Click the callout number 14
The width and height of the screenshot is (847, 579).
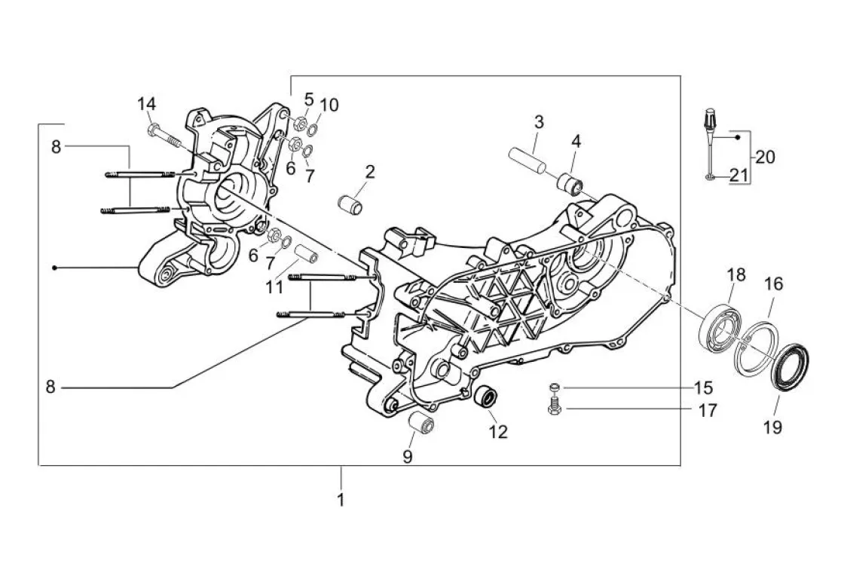pos(146,103)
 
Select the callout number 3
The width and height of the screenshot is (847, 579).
pos(539,122)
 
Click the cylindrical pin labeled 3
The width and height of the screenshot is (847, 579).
pos(524,161)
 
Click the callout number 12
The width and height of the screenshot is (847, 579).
pos(498,431)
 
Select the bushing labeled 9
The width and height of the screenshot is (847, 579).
pos(421,421)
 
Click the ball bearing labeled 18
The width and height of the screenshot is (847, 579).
pos(719,326)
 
